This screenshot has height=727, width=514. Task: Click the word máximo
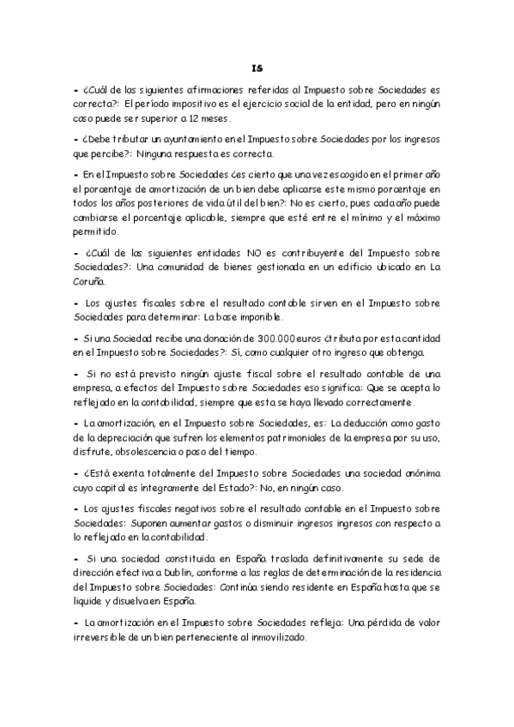(x=417, y=218)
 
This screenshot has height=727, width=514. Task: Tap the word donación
(x=197, y=340)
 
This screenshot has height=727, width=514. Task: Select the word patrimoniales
(x=282, y=437)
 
